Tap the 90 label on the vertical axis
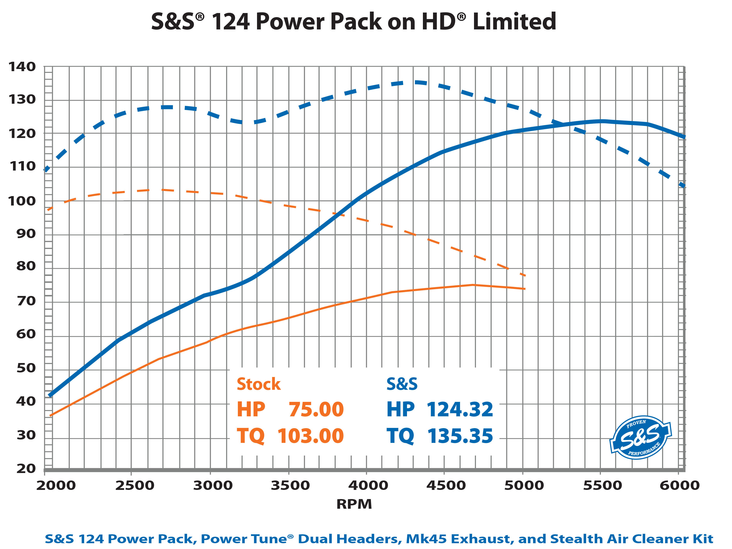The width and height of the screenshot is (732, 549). [x=26, y=234]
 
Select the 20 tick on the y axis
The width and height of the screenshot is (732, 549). [x=26, y=468]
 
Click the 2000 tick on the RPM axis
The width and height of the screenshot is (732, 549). [x=56, y=485]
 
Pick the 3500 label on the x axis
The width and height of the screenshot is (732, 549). [x=290, y=485]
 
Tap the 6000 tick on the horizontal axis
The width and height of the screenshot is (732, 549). [x=680, y=485]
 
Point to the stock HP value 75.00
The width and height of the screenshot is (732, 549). [x=316, y=410]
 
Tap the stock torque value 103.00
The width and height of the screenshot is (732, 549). [x=310, y=436]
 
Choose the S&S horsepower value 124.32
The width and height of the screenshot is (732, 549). [x=460, y=410]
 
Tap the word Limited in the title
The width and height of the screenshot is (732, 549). [x=514, y=22]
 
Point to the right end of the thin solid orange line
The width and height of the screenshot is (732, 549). [x=524, y=289]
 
